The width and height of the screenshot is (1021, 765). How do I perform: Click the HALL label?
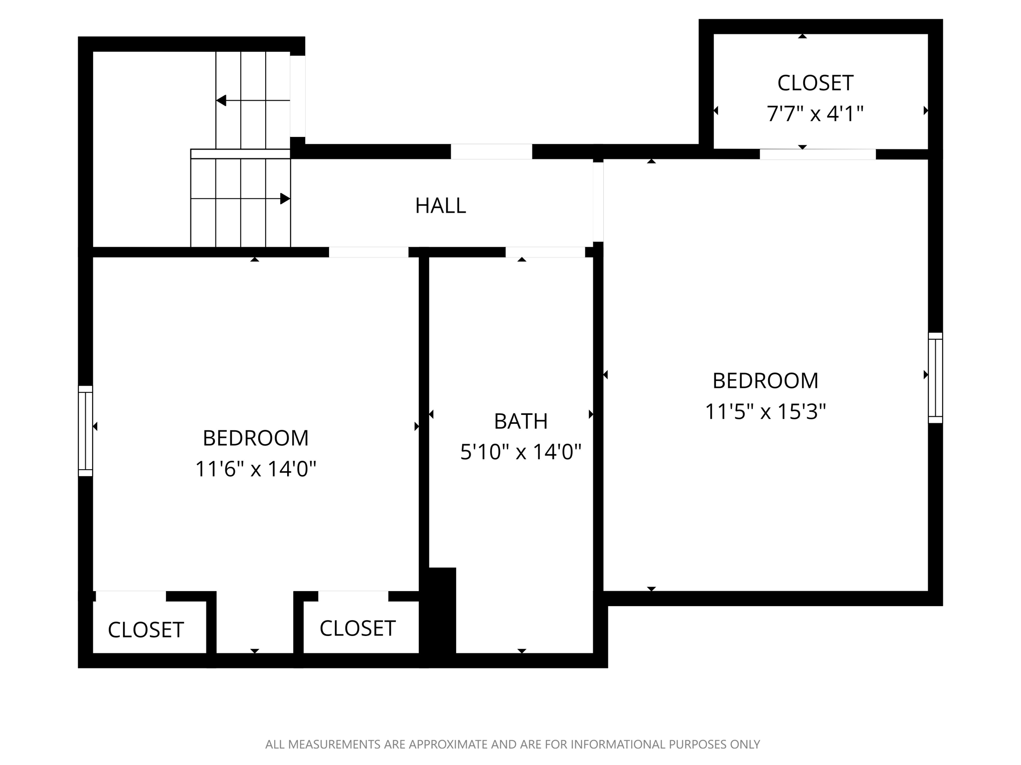440,206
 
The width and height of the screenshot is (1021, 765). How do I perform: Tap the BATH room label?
520,421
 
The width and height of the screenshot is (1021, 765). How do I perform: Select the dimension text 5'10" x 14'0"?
520,452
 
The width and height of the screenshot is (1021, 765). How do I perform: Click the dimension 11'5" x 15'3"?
765,412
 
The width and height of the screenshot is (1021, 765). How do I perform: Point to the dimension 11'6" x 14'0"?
255,469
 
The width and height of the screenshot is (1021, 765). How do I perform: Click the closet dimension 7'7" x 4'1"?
815,114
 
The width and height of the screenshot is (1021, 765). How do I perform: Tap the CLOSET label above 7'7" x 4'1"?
815,83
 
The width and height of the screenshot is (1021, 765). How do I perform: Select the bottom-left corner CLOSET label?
146,630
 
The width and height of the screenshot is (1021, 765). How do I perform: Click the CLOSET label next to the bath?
357,629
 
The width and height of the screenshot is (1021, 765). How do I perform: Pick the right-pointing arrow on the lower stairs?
285,199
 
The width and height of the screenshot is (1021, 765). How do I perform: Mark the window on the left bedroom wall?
85,431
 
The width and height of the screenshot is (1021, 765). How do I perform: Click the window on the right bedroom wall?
935,378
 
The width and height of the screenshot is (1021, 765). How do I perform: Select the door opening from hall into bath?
545,252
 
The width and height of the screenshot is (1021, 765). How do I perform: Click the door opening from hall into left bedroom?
368,252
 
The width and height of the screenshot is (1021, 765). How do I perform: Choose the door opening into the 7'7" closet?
817,154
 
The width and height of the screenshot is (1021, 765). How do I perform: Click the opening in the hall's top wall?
491,151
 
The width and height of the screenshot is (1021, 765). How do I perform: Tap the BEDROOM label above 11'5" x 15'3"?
765,381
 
